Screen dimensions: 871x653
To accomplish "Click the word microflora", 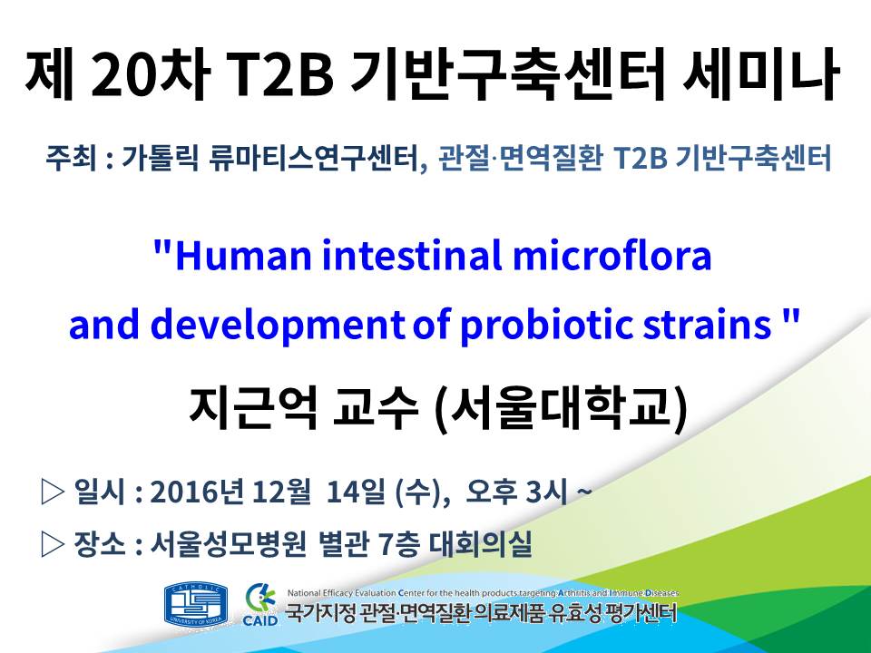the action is pos(612,256).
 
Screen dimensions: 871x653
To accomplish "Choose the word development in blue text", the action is pos(278,326).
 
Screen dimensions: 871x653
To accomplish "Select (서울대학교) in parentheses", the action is pos(560,409).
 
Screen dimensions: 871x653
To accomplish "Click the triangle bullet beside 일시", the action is pos(54,492).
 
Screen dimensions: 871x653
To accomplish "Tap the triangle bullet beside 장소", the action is pos(54,544).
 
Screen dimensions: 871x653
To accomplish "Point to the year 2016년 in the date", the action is pos(197,492).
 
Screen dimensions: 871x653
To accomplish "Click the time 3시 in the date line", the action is pos(546,492).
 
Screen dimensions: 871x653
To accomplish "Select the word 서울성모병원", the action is pos(229,543).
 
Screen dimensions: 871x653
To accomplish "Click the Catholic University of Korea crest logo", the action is pos(196,605).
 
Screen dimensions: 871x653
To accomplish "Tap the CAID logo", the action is pos(260,605).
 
